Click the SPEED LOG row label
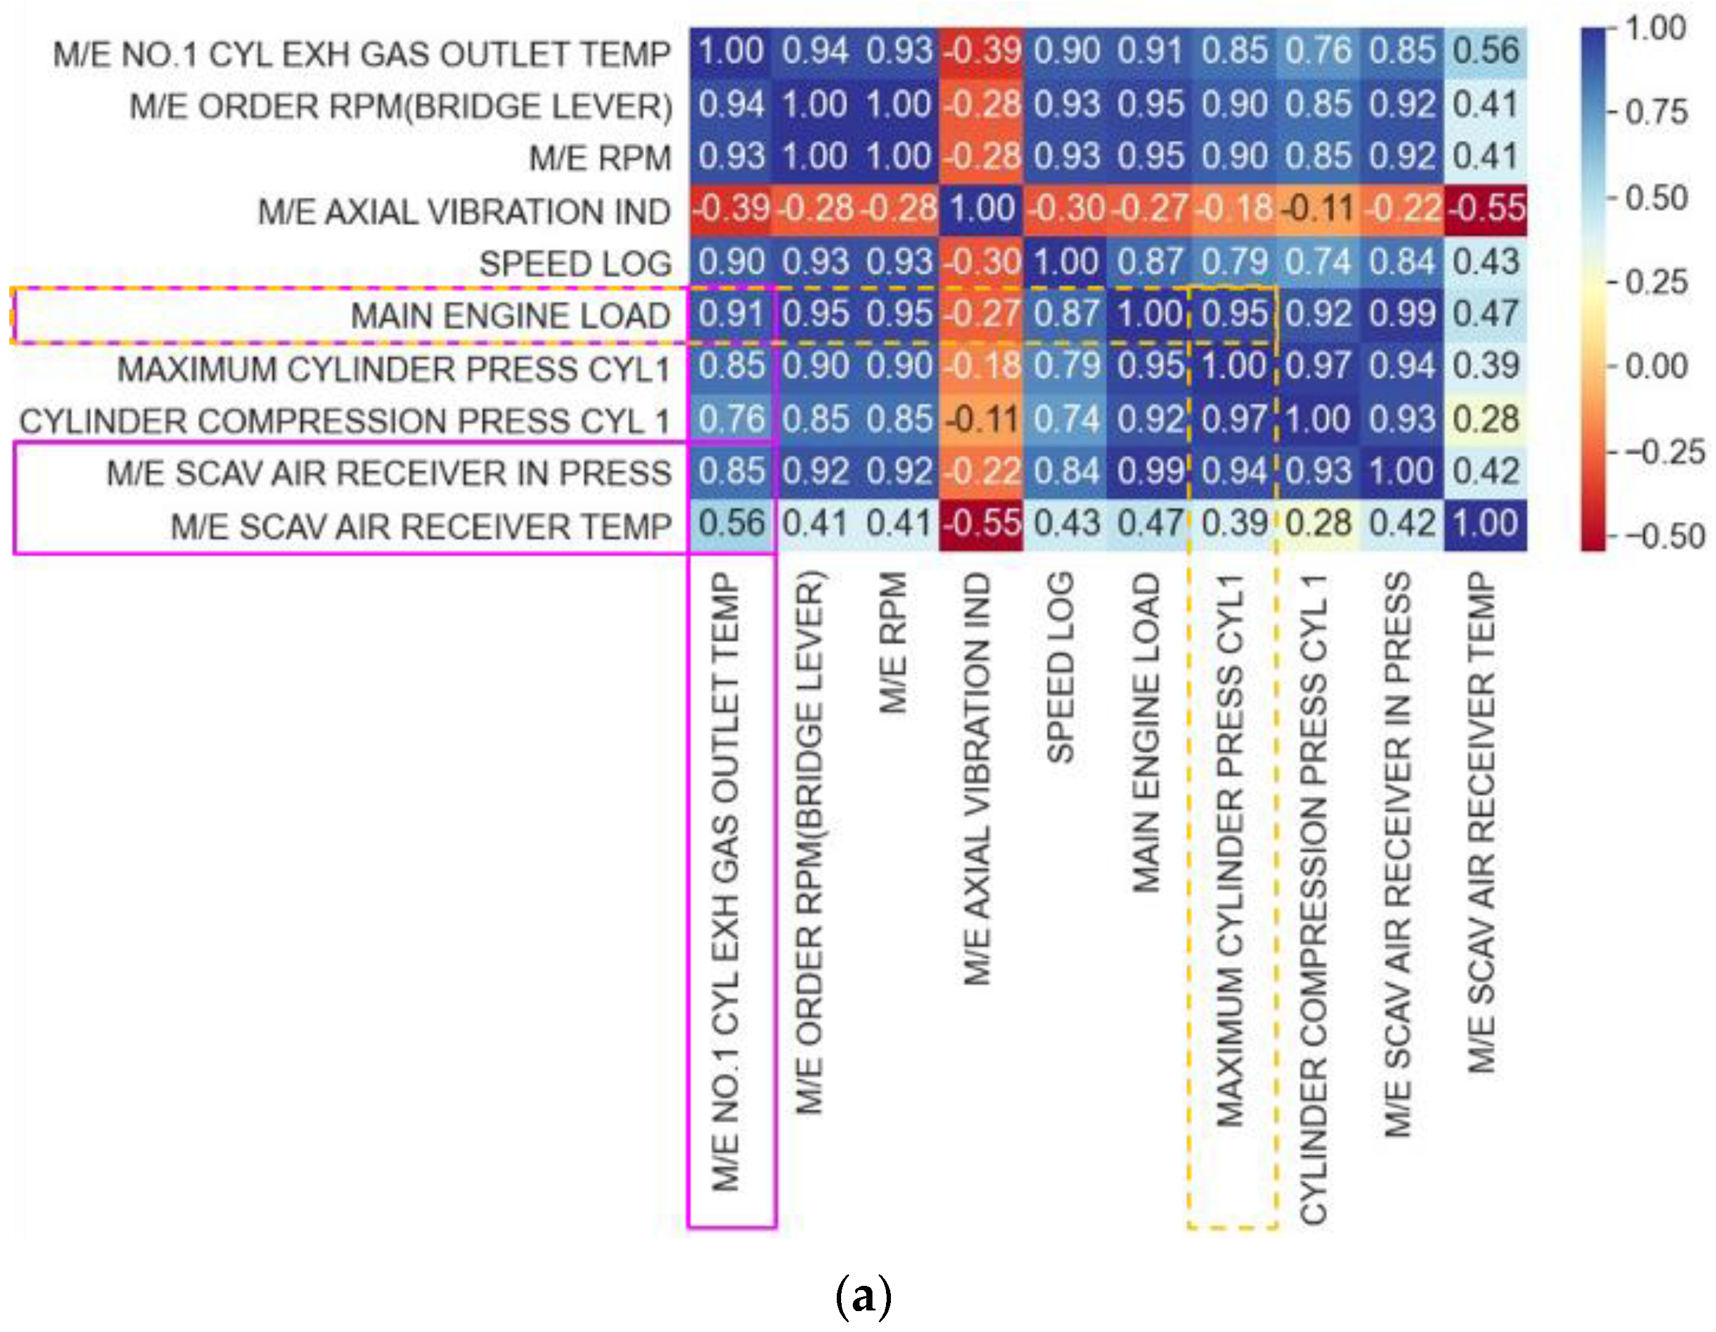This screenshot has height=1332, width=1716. (x=575, y=264)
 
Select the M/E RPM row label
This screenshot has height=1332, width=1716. (x=601, y=159)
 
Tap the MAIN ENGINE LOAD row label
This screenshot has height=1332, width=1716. (x=510, y=316)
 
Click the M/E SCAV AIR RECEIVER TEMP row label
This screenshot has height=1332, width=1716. (x=421, y=526)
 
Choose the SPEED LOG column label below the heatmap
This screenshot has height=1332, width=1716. (x=1061, y=668)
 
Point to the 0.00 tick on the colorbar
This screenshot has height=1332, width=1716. (x=1656, y=366)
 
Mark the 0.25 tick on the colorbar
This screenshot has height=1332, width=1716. (x=1656, y=281)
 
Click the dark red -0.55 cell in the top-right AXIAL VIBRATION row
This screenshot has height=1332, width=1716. (x=1486, y=209)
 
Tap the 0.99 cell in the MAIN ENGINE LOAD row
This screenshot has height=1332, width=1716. (x=1402, y=315)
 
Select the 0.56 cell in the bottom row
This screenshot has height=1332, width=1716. (x=732, y=524)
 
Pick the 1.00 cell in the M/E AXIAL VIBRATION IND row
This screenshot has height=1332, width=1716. (x=982, y=209)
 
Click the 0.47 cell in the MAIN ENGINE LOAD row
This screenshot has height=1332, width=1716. (x=1486, y=315)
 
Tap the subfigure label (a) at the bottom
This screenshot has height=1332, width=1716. (x=863, y=1297)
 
